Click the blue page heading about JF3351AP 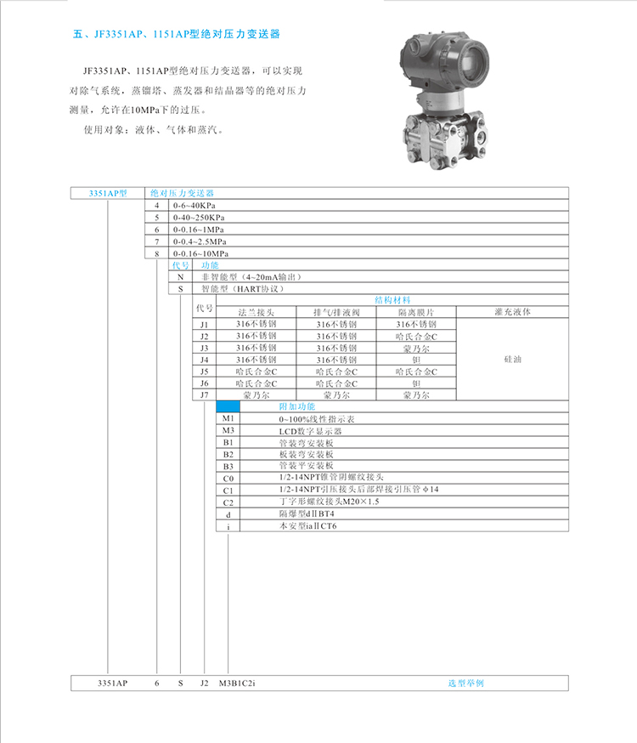click(x=176, y=34)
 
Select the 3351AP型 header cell click(x=108, y=193)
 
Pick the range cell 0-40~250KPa click(x=199, y=218)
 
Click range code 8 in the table click(x=156, y=253)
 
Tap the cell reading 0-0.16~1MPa click(x=198, y=230)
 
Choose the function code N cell click(x=180, y=277)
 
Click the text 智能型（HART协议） click(x=242, y=288)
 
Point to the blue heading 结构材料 click(x=392, y=300)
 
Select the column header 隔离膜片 click(x=416, y=312)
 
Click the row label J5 click(x=204, y=371)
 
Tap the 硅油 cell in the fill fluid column click(x=512, y=360)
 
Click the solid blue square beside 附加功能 click(x=228, y=406)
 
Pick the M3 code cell click(x=228, y=430)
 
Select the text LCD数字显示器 click(x=310, y=431)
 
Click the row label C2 click(x=228, y=502)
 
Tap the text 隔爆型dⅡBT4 click(x=307, y=513)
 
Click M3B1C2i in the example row click(x=237, y=683)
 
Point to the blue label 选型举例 click(x=465, y=683)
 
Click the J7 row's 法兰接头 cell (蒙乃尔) click(x=256, y=394)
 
